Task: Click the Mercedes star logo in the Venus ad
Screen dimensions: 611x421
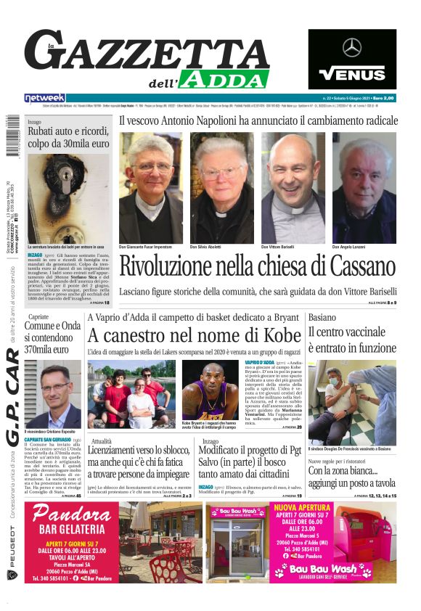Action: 352,48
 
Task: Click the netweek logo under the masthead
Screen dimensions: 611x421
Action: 44,97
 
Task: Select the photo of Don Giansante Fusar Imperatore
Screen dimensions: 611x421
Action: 151,187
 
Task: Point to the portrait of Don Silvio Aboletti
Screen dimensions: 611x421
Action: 221,187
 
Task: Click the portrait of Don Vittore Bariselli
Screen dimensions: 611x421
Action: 293,187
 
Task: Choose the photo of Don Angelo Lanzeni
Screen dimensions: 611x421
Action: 364,187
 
